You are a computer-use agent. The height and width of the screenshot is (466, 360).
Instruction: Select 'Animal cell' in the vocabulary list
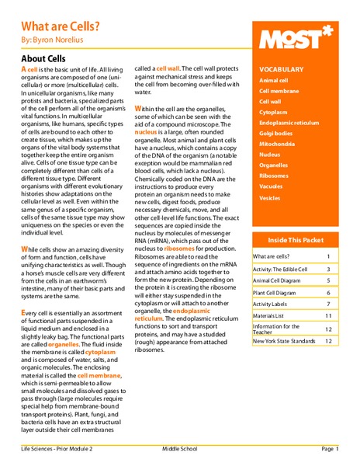277,80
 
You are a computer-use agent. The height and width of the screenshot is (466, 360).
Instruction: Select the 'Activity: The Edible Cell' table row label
280,268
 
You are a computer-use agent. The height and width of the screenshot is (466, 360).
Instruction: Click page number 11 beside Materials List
328,316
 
